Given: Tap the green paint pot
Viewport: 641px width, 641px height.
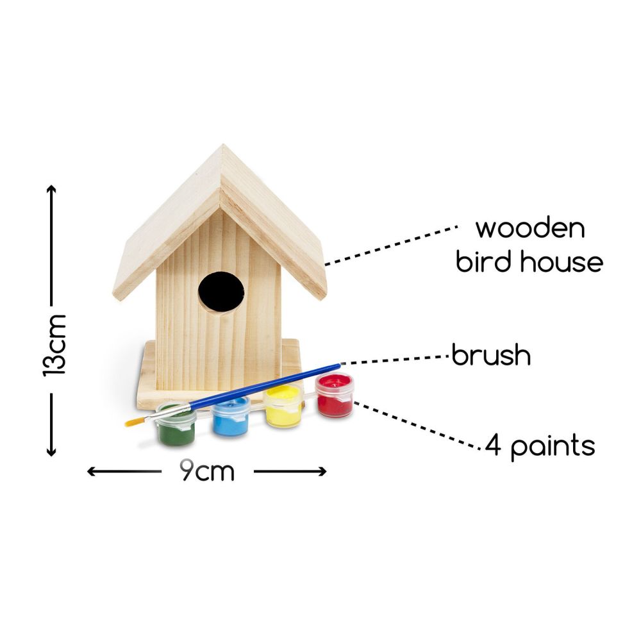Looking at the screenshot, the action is [176, 425].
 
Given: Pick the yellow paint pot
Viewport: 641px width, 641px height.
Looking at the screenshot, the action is [283, 407].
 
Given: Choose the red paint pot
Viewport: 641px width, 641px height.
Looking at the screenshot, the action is [335, 395].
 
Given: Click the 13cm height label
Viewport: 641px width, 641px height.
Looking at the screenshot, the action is [54, 345].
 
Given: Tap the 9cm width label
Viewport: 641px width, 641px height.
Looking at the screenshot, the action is [207, 471].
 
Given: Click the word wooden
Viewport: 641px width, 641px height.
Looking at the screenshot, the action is [530, 228].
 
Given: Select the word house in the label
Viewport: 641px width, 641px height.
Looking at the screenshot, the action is [562, 262].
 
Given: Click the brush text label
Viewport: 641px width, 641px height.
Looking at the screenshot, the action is [492, 354].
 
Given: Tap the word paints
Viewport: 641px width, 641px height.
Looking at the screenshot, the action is [553, 447].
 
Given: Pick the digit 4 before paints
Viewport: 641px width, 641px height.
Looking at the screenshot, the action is [493, 445].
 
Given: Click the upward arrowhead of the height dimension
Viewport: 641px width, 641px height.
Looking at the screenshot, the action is [51, 189].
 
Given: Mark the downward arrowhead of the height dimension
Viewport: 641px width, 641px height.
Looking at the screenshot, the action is [51, 451].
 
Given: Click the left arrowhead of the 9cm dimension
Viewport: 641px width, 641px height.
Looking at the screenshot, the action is [92, 471].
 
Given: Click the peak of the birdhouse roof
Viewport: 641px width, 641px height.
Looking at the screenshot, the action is [223, 145].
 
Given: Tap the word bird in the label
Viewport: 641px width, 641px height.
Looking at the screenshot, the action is [483, 262].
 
